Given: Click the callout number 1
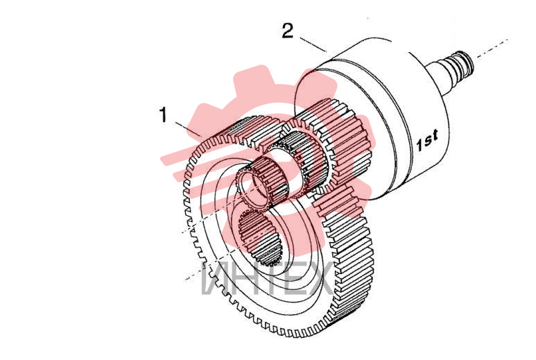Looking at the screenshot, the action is tap(164, 114).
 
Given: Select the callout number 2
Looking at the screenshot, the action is tap(288, 31).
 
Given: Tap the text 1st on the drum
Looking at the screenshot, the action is tap(427, 140).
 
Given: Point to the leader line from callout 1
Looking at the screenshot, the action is tap(188, 128).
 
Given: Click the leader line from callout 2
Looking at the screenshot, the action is tap(313, 44).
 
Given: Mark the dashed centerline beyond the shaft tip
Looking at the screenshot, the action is tap(492, 48).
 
